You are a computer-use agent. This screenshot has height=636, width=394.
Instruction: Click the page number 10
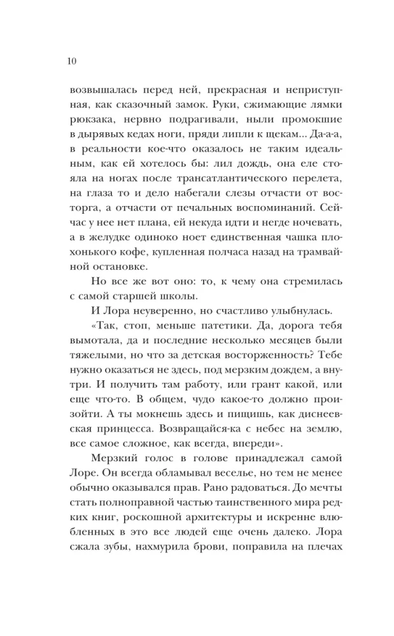click(x=71, y=61)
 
